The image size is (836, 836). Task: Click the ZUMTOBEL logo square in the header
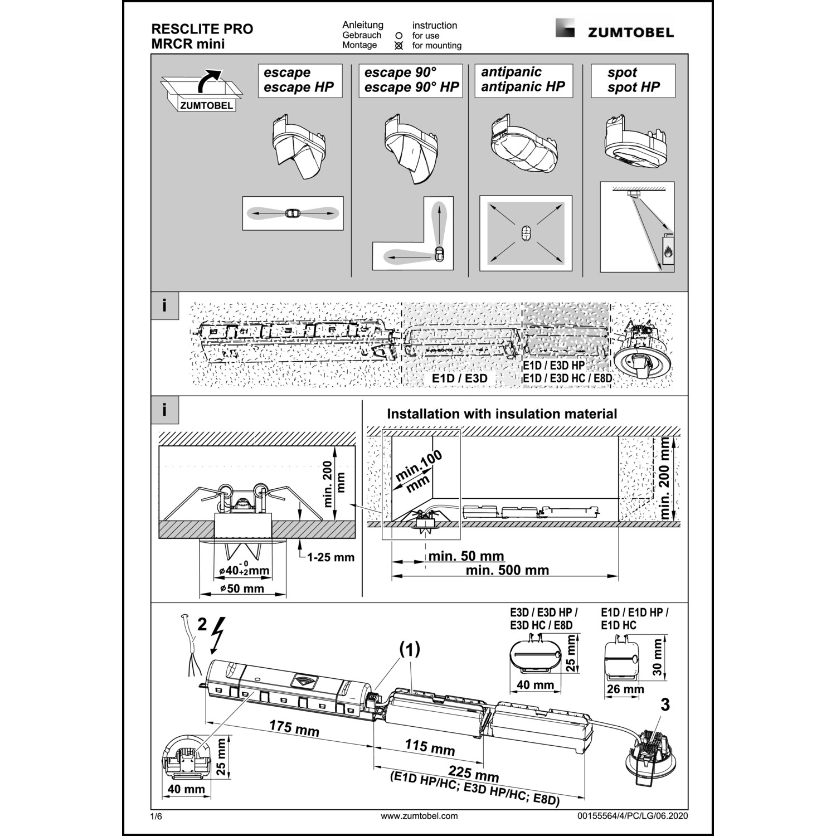565,28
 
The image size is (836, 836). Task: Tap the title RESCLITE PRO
202,29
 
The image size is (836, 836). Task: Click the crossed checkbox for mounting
398,46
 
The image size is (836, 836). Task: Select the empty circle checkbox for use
398,36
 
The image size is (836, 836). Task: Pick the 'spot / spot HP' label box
633,80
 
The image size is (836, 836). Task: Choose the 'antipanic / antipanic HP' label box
523,80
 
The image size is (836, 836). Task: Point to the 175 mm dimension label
294,728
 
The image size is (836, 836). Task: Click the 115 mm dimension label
430,747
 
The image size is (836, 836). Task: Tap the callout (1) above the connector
409,649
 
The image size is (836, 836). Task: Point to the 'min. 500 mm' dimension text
507,570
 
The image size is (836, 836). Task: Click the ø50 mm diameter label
242,589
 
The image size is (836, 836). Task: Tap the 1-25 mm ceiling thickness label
331,557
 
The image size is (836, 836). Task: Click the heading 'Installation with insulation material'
502,414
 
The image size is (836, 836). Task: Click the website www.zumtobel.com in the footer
419,816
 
